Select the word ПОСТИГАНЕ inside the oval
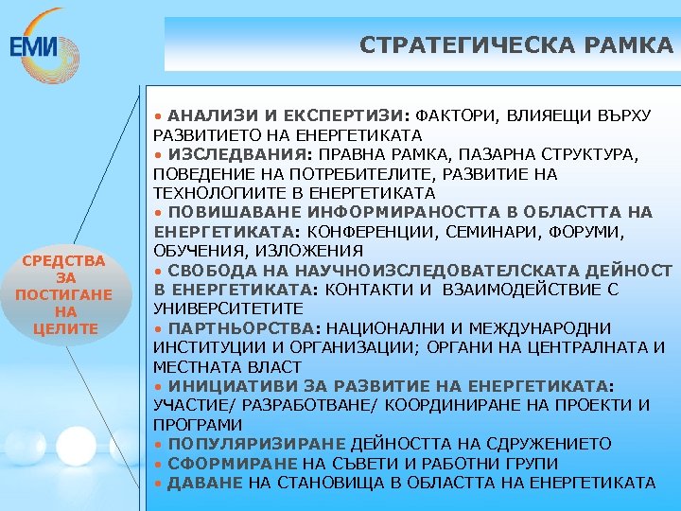coord(63,294)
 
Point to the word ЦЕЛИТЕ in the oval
coord(63,328)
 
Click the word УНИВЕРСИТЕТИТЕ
coord(228,309)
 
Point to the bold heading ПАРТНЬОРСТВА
coord(243,328)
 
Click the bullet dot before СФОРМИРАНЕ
coord(159,464)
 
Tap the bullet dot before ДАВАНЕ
coord(159,484)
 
